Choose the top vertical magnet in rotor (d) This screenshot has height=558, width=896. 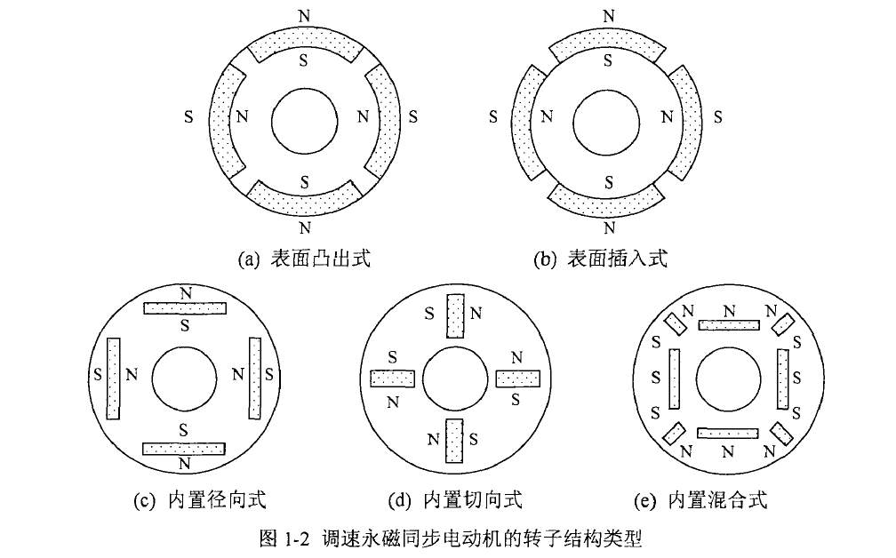pos(455,316)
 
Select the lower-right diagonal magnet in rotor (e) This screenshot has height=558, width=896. pos(782,434)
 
